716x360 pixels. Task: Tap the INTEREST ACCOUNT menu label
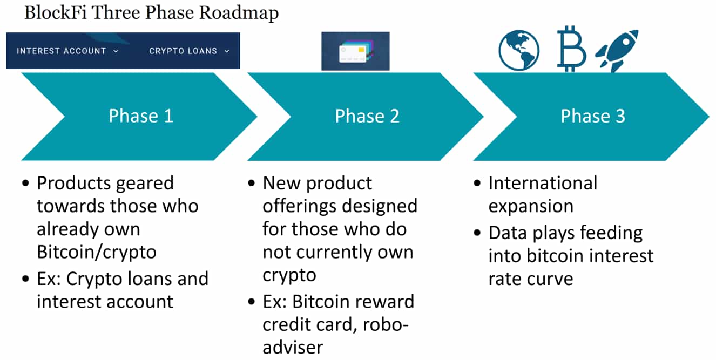click(x=61, y=51)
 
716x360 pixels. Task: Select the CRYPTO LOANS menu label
click(x=183, y=51)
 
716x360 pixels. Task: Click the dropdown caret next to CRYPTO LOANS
click(x=227, y=51)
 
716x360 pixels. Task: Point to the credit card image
click(x=355, y=51)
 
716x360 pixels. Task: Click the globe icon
click(x=519, y=51)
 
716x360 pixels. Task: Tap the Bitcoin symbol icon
click(x=571, y=49)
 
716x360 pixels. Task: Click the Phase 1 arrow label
click(x=140, y=116)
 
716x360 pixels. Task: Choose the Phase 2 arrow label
click(x=367, y=116)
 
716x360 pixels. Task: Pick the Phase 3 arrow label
click(x=593, y=116)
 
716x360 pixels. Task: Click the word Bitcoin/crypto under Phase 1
click(x=96, y=252)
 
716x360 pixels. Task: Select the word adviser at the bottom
click(x=293, y=347)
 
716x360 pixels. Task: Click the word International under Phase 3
click(x=543, y=183)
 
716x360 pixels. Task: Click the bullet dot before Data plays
click(x=477, y=233)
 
